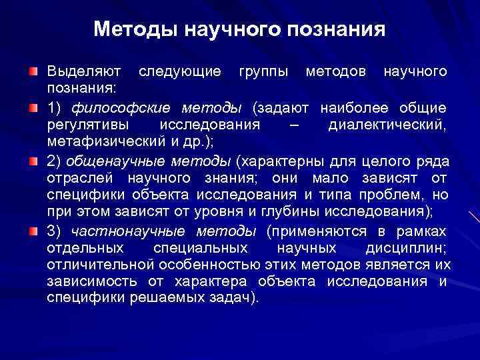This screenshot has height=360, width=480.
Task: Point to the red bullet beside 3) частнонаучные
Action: tap(33, 231)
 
